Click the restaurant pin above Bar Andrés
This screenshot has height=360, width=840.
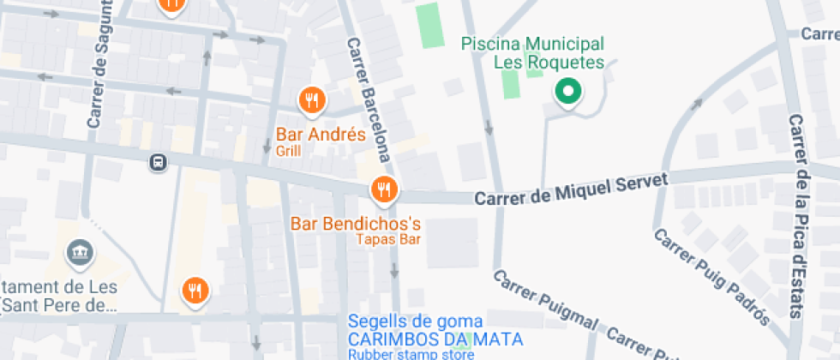point(312,101)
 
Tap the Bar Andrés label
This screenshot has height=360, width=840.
point(321,135)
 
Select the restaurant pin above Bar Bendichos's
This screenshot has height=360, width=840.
point(383,189)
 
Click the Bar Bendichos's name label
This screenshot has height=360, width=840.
point(356,224)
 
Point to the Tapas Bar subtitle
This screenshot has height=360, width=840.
point(388,239)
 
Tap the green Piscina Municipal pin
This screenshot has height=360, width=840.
point(567,91)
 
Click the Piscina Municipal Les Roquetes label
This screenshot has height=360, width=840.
point(533,52)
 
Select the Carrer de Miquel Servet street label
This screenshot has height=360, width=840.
point(571,189)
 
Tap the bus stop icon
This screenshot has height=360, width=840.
point(157,162)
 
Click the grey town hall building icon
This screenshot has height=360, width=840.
point(81,252)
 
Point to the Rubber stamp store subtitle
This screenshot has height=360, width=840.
point(411,354)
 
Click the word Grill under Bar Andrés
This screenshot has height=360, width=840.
point(288,151)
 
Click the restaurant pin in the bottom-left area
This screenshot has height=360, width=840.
point(196,291)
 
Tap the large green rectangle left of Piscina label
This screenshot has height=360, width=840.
point(429,26)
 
